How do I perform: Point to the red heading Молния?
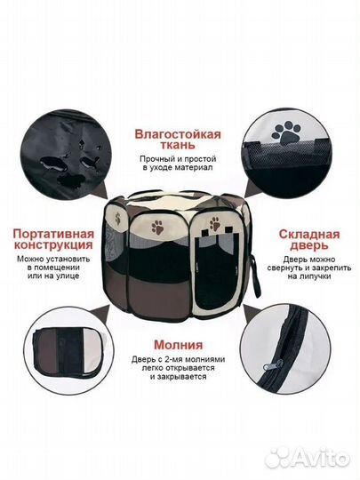(x=177, y=345)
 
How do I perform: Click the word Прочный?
(x=157, y=166)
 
